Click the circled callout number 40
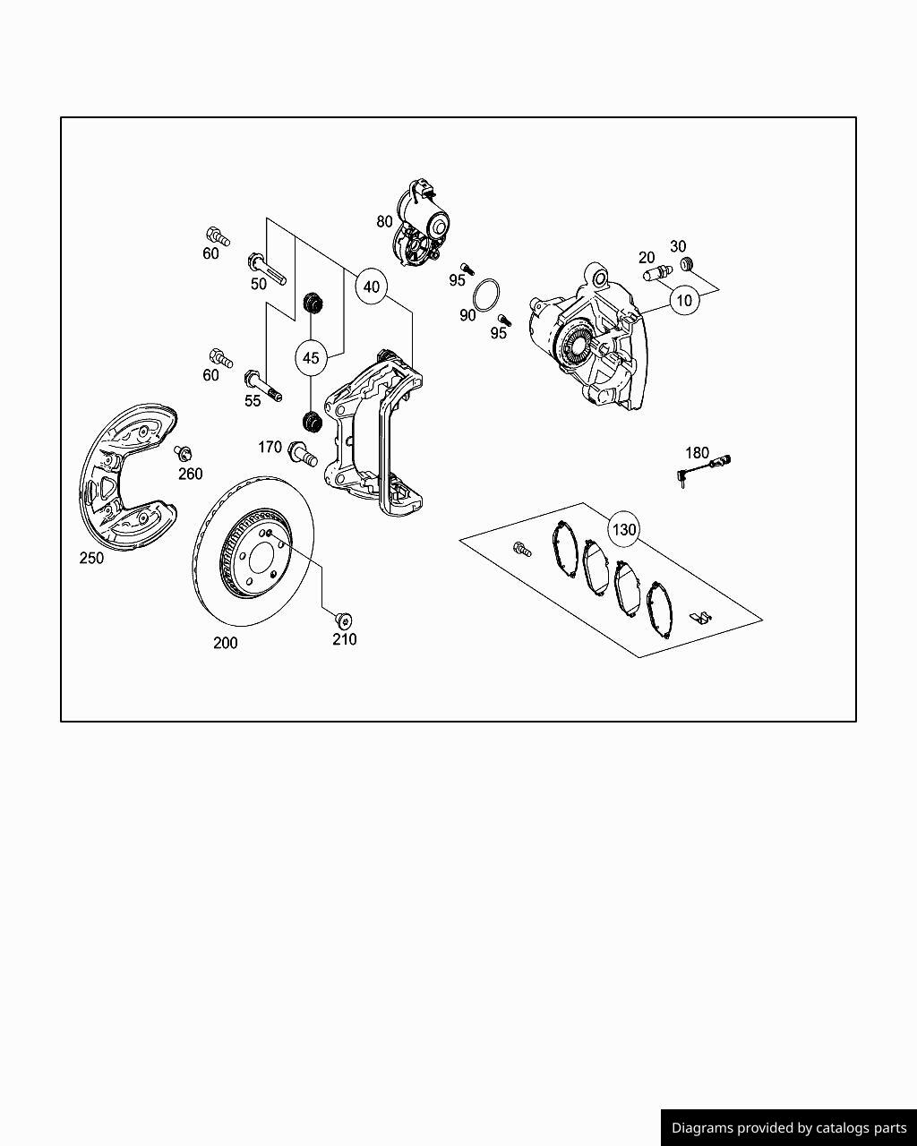click(x=371, y=287)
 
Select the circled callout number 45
click(x=310, y=358)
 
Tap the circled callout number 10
click(x=684, y=300)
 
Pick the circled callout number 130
click(x=623, y=529)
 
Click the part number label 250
click(x=91, y=558)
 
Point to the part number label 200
click(x=226, y=643)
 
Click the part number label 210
click(x=345, y=639)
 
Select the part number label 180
click(x=697, y=453)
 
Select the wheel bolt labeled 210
click(x=342, y=619)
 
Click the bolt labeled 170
click(x=303, y=455)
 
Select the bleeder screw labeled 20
click(x=657, y=272)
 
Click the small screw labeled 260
click(x=184, y=453)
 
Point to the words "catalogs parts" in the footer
click(x=859, y=1128)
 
